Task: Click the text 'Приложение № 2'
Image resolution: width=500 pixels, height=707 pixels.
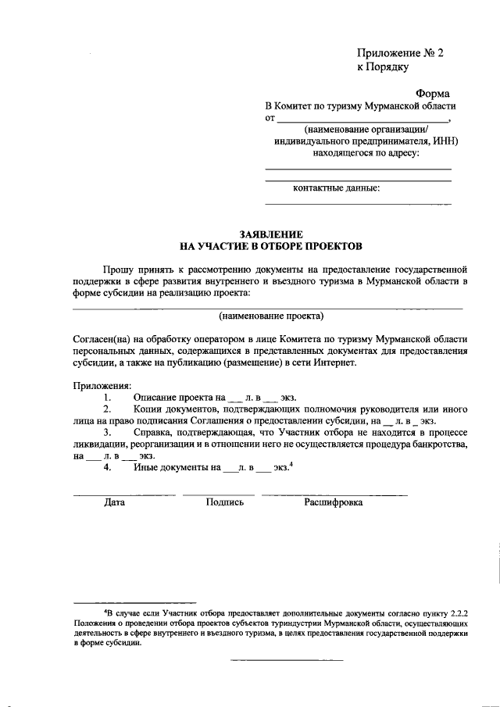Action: (x=399, y=54)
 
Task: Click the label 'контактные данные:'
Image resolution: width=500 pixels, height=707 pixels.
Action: (x=336, y=188)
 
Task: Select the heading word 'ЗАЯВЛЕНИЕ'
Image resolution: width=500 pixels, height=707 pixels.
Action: (x=270, y=234)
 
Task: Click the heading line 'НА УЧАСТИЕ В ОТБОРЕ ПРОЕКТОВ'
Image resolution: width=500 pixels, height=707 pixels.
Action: (x=270, y=246)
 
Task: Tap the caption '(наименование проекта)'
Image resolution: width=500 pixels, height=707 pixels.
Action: (x=270, y=316)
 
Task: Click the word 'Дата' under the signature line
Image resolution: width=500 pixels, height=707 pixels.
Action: (x=114, y=502)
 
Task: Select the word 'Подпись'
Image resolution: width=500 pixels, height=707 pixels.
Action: (x=225, y=502)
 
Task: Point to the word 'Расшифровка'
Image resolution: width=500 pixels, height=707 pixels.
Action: (x=333, y=502)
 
